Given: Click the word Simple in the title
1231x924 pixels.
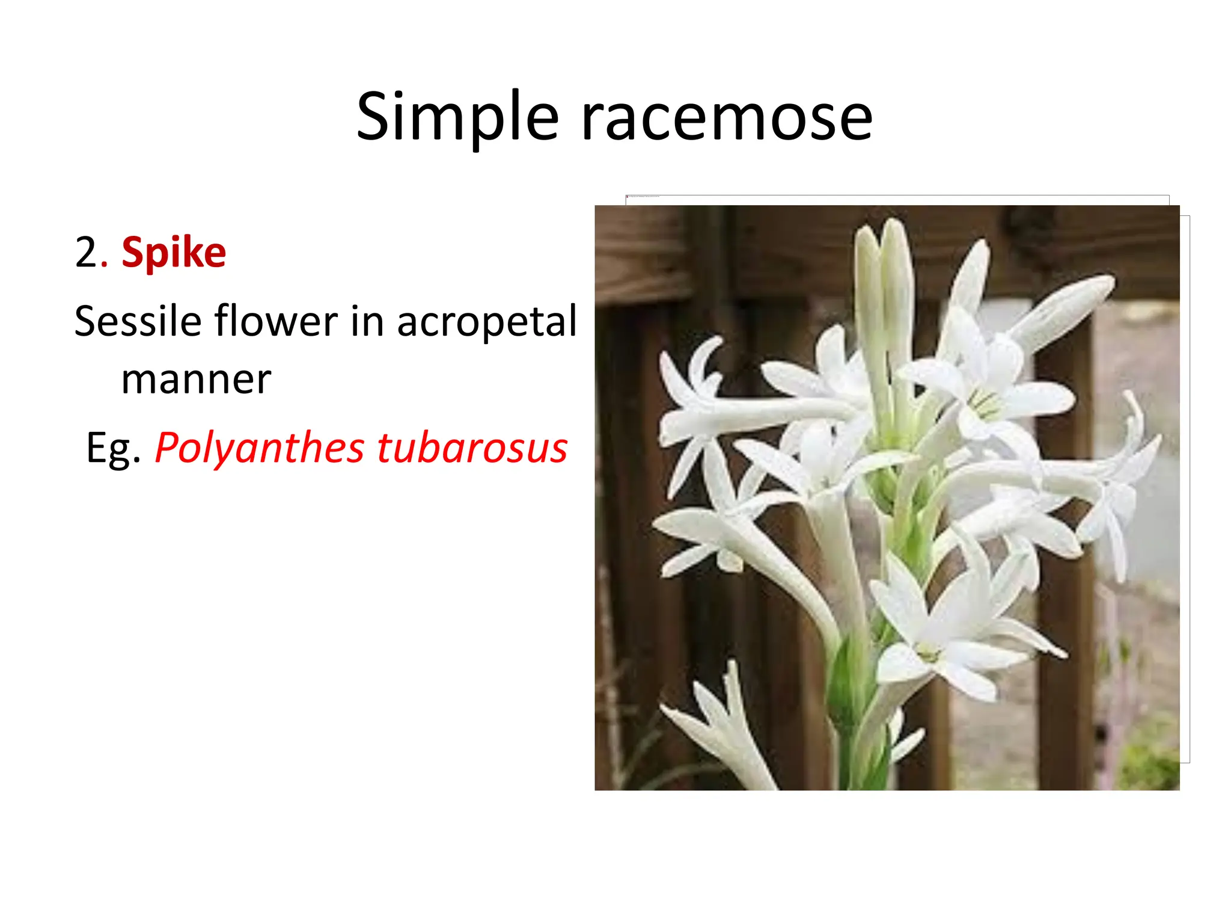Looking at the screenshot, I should [457, 117].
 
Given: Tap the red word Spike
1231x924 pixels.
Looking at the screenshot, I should [174, 253].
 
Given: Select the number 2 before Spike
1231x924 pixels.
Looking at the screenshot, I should [87, 253].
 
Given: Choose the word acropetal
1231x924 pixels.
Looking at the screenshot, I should [487, 322].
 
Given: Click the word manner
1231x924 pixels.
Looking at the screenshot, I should [196, 380].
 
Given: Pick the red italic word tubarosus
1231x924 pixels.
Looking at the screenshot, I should [472, 449].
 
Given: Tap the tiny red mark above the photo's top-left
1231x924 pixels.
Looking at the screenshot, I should [628, 197].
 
